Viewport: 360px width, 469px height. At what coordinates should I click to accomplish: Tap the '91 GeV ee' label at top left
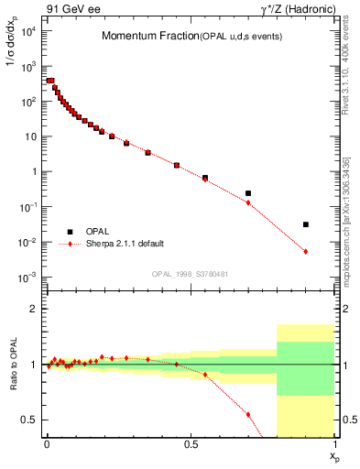pyautogui.click(x=69, y=8)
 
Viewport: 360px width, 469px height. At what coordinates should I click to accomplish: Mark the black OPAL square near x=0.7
pyautogui.click(x=248, y=193)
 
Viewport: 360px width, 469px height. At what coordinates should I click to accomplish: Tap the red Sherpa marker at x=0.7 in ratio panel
pyautogui.click(x=248, y=414)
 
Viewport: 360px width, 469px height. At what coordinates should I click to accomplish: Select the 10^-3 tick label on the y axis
pyautogui.click(x=27, y=278)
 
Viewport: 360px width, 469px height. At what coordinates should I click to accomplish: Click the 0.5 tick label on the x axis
pyautogui.click(x=191, y=443)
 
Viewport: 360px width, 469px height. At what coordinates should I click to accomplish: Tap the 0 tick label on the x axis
pyautogui.click(x=47, y=443)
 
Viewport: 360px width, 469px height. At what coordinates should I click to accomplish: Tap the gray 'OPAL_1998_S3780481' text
pyautogui.click(x=190, y=274)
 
